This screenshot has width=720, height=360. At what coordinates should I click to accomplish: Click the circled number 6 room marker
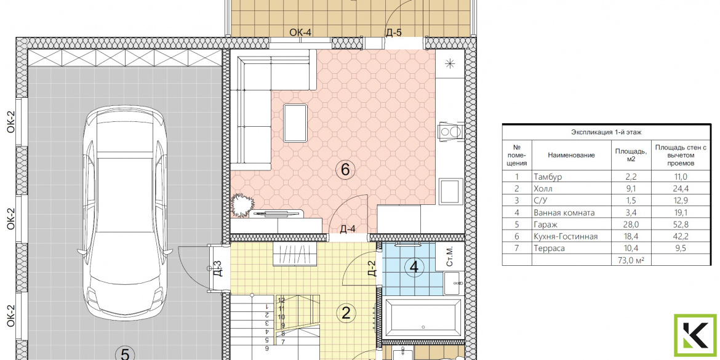(x=345, y=170)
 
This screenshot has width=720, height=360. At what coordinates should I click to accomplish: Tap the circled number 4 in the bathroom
(x=414, y=267)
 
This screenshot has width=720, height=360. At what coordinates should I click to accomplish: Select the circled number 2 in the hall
(x=346, y=313)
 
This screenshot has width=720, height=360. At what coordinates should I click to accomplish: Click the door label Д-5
(x=393, y=32)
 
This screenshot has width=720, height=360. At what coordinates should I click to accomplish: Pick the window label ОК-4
(x=301, y=32)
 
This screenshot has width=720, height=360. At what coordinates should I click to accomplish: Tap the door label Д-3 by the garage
(x=218, y=269)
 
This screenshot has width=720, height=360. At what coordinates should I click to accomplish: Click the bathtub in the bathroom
(x=422, y=318)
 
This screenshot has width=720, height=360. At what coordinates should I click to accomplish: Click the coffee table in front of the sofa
(x=295, y=123)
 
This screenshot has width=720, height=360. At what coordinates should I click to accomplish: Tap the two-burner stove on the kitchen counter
(x=450, y=131)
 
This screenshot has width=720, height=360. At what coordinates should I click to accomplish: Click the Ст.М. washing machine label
(x=450, y=256)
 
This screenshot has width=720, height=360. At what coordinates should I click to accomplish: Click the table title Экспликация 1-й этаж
(x=606, y=132)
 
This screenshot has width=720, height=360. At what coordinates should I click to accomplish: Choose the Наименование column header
(x=571, y=155)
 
